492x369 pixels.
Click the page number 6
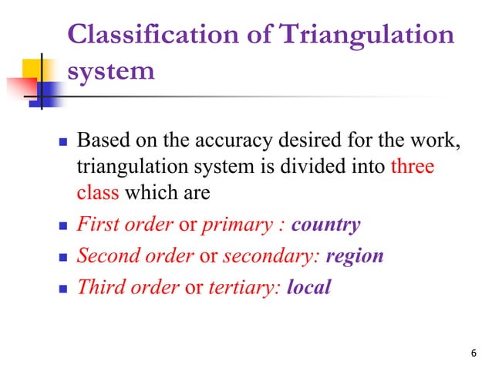473,353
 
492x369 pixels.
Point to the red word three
413,167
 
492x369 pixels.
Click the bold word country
325,225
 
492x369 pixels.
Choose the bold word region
355,256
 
